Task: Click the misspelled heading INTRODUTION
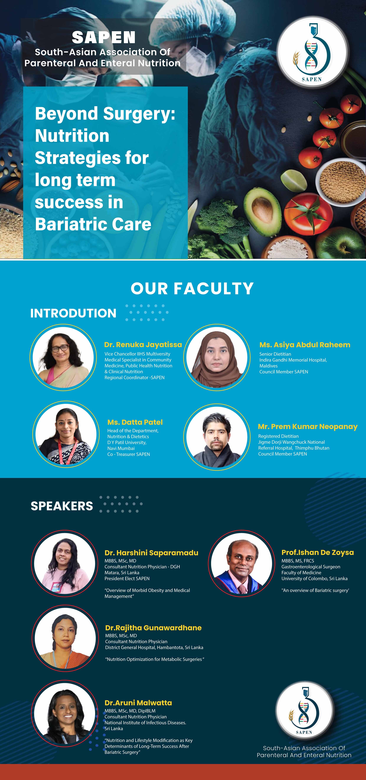pyautogui.click(x=73, y=313)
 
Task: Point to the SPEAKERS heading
pyautogui.click(x=62, y=506)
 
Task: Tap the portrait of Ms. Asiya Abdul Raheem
pyautogui.click(x=217, y=357)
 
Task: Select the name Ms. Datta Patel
pyautogui.click(x=135, y=422)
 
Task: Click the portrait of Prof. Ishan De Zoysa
pyautogui.click(x=242, y=563)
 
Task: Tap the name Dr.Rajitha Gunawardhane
pyautogui.click(x=153, y=628)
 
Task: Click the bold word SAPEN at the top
pyautogui.click(x=104, y=37)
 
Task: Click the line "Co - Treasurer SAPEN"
pyautogui.click(x=128, y=454)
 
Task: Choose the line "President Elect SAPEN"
pyautogui.click(x=127, y=578)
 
